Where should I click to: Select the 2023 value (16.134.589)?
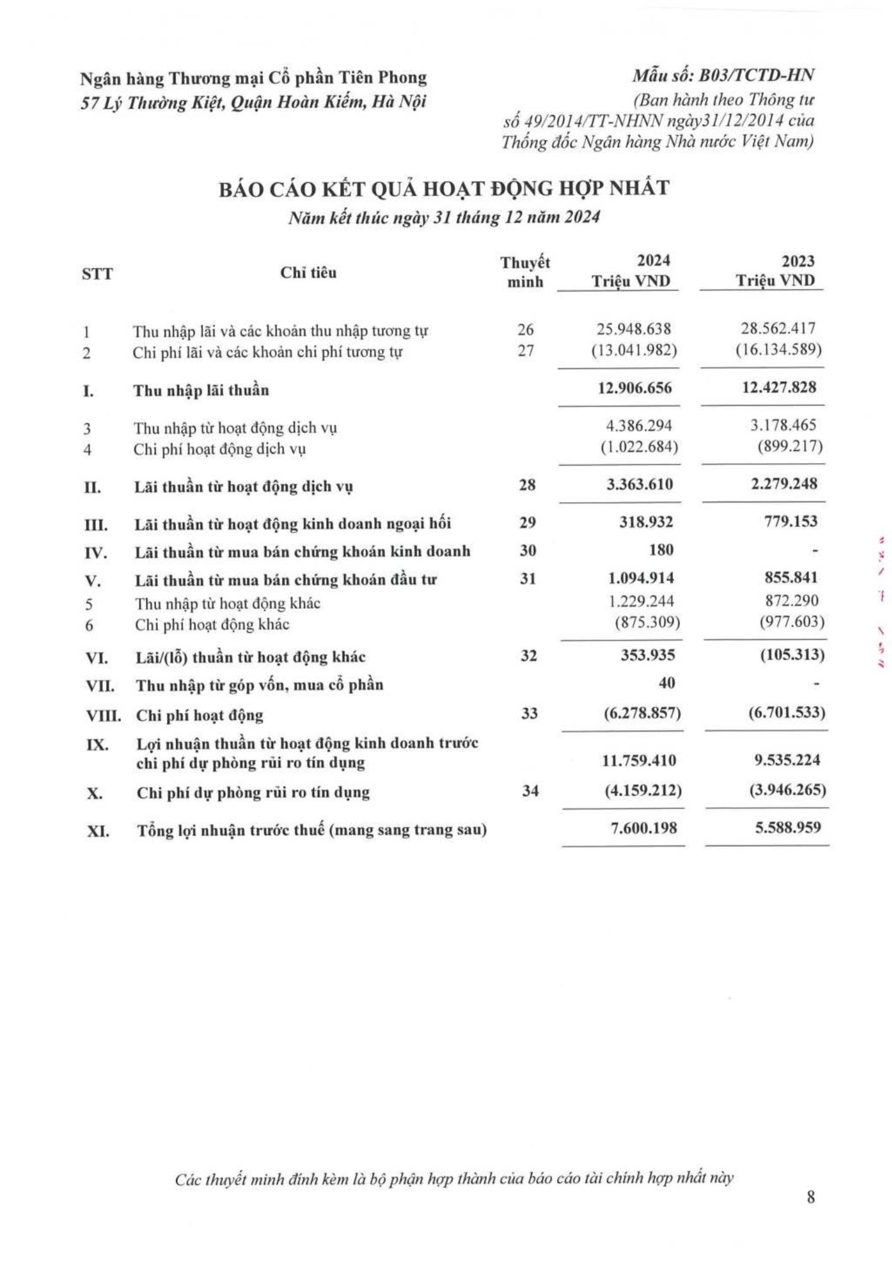pyautogui.click(x=779, y=351)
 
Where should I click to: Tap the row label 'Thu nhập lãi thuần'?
pyautogui.click(x=201, y=391)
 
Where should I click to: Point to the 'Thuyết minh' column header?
pyautogui.click(x=525, y=272)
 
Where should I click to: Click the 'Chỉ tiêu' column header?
pyautogui.click(x=308, y=273)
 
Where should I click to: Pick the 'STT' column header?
pyautogui.click(x=97, y=274)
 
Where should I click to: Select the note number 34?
pyautogui.click(x=531, y=790)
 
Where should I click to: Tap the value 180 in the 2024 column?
pyautogui.click(x=660, y=550)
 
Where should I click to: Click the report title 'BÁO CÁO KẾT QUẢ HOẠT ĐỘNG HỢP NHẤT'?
pyautogui.click(x=444, y=189)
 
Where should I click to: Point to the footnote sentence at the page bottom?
pyautogui.click(x=454, y=1178)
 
